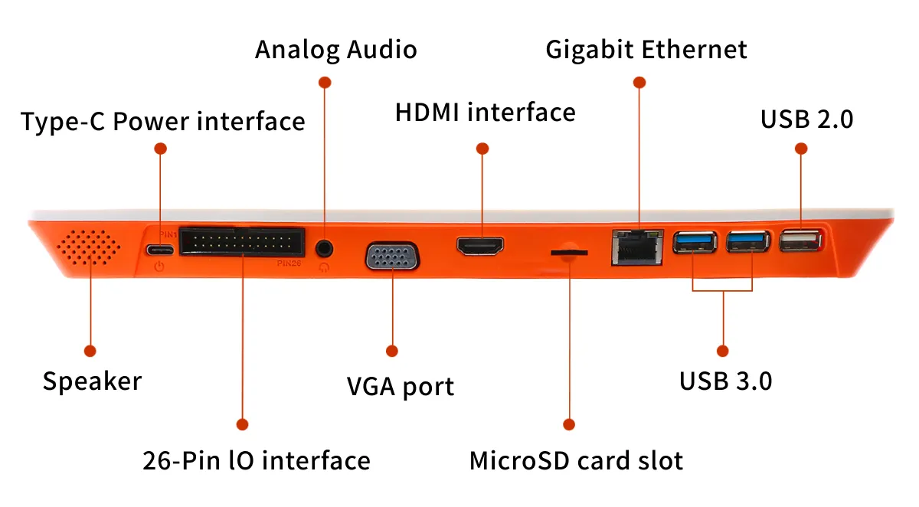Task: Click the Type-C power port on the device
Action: tap(160, 250)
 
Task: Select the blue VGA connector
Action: tap(392, 256)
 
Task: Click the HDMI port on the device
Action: tap(481, 247)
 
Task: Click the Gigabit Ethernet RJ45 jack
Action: tap(637, 247)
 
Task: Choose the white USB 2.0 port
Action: tap(800, 243)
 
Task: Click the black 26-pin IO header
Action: tap(241, 244)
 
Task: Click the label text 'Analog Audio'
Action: tap(336, 50)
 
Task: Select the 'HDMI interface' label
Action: tap(485, 113)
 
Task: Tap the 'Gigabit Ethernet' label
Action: tap(646, 50)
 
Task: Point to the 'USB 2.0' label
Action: tap(806, 119)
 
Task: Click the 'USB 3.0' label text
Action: tap(725, 381)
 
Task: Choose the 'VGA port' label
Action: tap(401, 385)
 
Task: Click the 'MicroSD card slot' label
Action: tap(576, 460)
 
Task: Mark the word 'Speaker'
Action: tap(92, 381)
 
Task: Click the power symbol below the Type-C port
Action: tap(159, 267)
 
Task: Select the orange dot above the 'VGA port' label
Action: tap(392, 351)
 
